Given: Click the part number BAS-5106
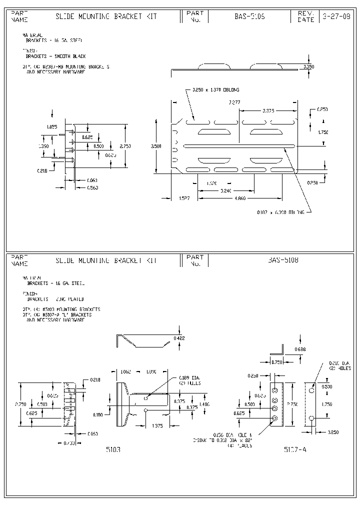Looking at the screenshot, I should pyautogui.click(x=249, y=16).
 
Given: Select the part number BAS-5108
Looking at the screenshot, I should pyautogui.click(x=283, y=260).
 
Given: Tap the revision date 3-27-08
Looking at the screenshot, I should pyautogui.click(x=331, y=16).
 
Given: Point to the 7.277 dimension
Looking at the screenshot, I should pyautogui.click(x=233, y=102).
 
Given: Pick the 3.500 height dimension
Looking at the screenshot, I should pyautogui.click(x=156, y=146).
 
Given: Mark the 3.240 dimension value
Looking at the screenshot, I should pyautogui.click(x=226, y=190).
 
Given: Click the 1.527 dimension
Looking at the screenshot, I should pyautogui.click(x=184, y=198).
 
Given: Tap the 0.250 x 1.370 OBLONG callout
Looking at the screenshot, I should pyautogui.click(x=215, y=90).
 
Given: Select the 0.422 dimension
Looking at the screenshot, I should pyautogui.click(x=179, y=338).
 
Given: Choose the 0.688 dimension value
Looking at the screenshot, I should pyautogui.click(x=300, y=348).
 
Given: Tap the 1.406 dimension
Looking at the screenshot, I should pyautogui.click(x=204, y=403).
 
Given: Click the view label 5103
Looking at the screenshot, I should pyautogui.click(x=113, y=449).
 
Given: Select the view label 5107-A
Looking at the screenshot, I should pyautogui.click(x=295, y=449).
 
